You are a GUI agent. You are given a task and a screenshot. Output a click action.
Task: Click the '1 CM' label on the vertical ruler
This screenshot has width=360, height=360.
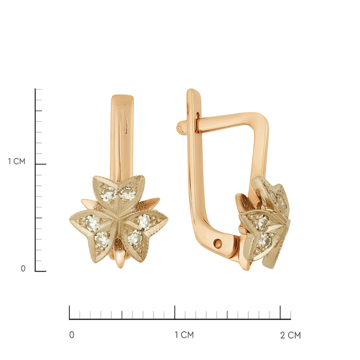[16, 161]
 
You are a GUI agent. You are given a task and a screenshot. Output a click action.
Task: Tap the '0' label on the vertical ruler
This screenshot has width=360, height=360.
[23, 268]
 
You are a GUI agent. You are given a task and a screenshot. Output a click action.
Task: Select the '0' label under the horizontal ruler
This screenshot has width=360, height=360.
[71, 335]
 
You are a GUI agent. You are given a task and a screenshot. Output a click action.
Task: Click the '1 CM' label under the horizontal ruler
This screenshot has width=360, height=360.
[184, 335]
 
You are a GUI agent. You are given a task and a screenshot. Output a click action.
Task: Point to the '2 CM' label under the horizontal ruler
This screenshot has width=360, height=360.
[291, 335]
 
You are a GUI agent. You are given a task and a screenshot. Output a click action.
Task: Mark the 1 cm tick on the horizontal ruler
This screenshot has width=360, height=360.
[175, 312]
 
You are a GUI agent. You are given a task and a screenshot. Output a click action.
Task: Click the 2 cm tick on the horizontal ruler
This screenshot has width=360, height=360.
[280, 312]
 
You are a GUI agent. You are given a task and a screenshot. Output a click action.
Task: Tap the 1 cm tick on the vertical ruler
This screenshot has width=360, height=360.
[41, 164]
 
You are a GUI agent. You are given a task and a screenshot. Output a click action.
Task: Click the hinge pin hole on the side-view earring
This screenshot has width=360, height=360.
[218, 244]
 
